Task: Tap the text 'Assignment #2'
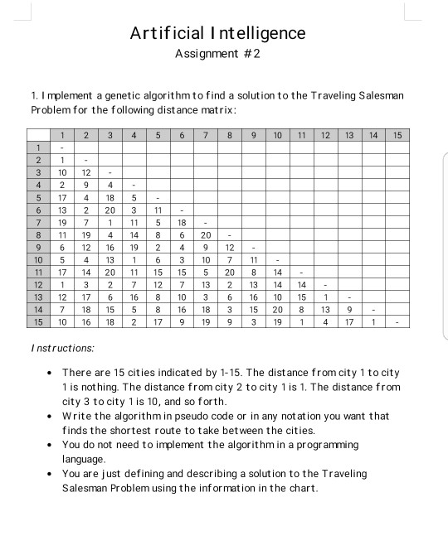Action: (218, 54)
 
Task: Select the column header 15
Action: (397, 135)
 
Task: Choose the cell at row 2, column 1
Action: (62, 160)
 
